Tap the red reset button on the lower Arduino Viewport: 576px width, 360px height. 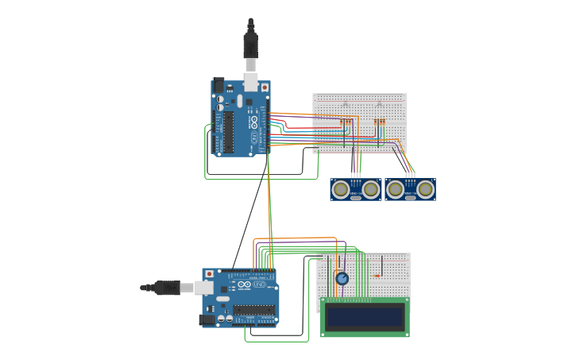209,274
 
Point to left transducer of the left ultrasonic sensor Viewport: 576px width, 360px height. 342,189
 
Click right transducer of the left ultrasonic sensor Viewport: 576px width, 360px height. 370,189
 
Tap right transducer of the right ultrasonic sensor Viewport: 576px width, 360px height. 425,189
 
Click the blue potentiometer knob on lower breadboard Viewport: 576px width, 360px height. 342,278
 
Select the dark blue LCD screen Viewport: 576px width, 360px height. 365,317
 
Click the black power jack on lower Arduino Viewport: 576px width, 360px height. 208,319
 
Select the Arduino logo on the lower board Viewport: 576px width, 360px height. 244,285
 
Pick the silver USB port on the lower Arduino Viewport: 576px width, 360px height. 204,288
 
